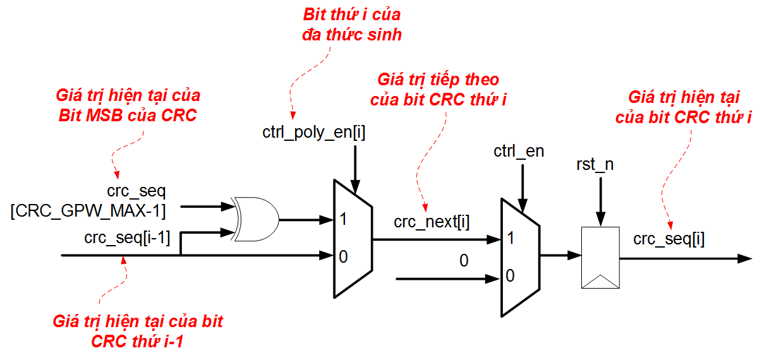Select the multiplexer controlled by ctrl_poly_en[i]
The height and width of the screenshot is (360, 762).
pos(353,239)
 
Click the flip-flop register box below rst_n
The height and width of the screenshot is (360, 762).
pos(600,258)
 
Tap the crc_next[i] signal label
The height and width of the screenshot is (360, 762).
pos(432,222)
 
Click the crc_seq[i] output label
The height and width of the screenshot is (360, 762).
pos(669,239)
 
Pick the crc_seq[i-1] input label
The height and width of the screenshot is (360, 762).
pos(127,238)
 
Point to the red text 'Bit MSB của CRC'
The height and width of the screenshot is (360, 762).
pos(128,115)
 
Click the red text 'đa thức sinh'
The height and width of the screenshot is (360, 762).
pos(353,35)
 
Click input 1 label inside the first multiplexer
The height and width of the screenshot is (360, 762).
pos(342,220)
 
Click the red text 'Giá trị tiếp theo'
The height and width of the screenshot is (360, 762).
pos(438,80)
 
